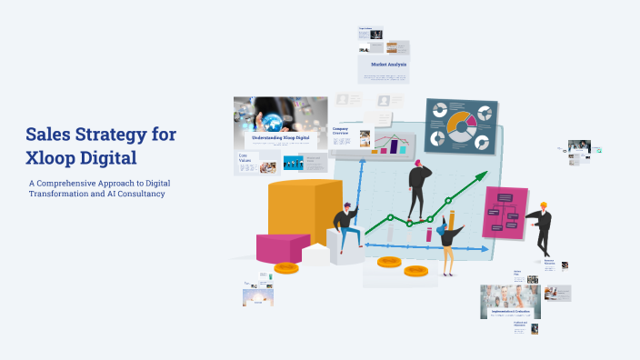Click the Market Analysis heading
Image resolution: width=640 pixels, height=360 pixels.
click(388, 65)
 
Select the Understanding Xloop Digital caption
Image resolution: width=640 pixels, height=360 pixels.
click(281, 136)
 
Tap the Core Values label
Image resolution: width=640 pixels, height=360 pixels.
click(245, 158)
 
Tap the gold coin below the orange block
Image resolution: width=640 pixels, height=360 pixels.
click(286, 266)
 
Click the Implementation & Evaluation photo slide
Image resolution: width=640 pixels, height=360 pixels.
click(510, 301)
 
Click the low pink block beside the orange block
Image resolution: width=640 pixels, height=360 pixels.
click(283, 248)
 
